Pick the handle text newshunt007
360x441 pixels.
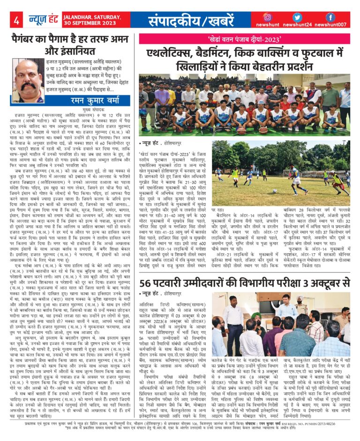click(330, 25)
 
